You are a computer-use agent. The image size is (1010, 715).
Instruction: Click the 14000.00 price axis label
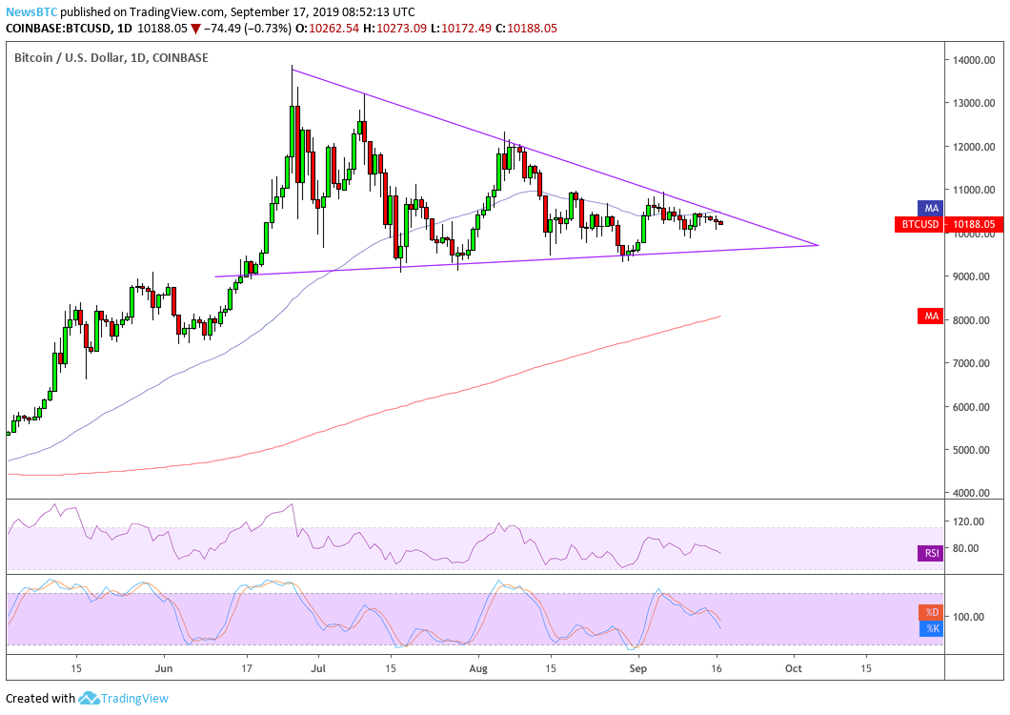[974, 60]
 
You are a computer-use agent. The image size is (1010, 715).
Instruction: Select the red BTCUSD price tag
[918, 225]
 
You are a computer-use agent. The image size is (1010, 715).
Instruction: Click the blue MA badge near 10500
[929, 207]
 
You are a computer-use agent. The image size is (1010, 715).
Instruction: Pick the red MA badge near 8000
[929, 315]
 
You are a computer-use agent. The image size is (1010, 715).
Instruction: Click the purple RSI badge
[929, 552]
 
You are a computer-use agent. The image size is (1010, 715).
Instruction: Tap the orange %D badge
[930, 612]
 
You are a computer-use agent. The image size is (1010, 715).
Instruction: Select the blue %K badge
[930, 628]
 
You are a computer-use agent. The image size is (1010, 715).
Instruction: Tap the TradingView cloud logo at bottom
[90, 698]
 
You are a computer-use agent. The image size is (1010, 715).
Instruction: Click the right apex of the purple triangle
[818, 245]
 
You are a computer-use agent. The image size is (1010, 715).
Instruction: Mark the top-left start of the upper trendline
[292, 68]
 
